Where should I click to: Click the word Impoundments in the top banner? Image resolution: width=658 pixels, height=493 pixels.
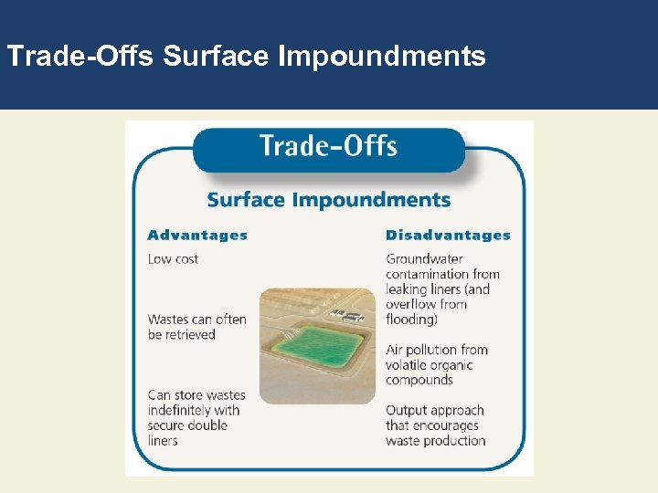(382, 57)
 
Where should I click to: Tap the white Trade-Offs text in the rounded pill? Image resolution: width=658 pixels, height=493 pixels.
(328, 146)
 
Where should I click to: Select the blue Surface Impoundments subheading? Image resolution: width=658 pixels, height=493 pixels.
(328, 200)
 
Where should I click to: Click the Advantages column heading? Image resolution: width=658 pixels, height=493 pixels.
(197, 236)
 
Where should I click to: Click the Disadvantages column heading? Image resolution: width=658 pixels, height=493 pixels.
(448, 236)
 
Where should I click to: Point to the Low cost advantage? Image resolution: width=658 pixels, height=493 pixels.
(173, 259)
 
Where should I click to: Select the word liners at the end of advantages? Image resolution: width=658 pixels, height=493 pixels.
(163, 441)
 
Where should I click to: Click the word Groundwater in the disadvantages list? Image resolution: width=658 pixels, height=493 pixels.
(424, 259)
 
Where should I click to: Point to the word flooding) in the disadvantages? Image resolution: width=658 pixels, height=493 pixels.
(412, 320)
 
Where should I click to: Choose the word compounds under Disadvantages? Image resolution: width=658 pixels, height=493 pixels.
(419, 381)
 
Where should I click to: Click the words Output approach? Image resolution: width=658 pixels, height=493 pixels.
(434, 411)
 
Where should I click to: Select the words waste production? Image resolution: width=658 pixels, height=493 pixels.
(435, 441)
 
